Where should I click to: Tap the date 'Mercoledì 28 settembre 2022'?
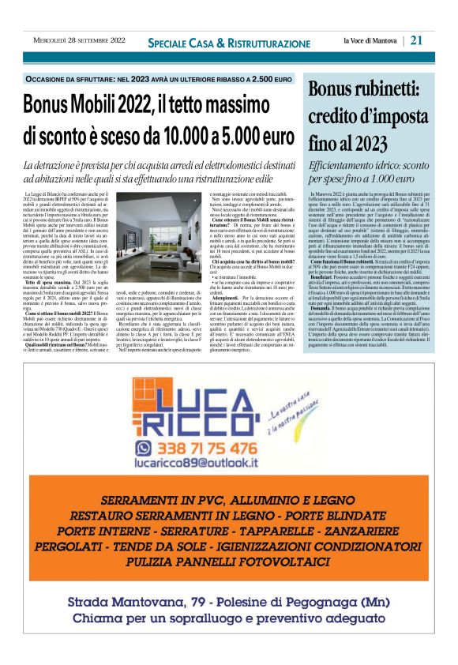(x=79, y=40)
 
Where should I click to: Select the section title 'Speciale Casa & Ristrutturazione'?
(x=229, y=43)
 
